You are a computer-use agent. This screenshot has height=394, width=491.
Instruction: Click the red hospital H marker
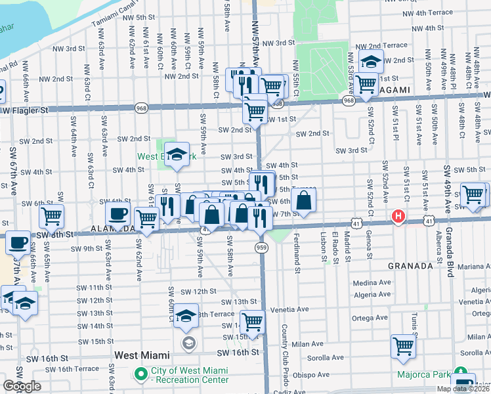point(398,215)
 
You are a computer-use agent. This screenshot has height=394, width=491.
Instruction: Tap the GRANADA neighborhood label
point(410,266)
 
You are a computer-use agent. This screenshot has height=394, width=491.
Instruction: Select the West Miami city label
point(142,355)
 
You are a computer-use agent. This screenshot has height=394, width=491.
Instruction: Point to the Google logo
point(22,386)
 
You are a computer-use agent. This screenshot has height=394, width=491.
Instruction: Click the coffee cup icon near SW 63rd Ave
point(117,214)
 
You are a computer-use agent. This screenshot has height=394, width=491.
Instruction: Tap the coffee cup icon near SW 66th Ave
point(18,242)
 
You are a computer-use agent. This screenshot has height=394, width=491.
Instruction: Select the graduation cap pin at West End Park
point(177,155)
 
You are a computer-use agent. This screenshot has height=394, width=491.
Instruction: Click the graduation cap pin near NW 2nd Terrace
point(371,62)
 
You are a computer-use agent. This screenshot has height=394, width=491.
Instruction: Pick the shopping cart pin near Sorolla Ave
point(403,345)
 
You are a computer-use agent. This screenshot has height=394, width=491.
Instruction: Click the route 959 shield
point(261,247)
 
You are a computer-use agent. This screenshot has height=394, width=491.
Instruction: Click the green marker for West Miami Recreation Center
point(140,374)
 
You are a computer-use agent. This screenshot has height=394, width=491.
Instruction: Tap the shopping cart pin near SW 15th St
point(253,322)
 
